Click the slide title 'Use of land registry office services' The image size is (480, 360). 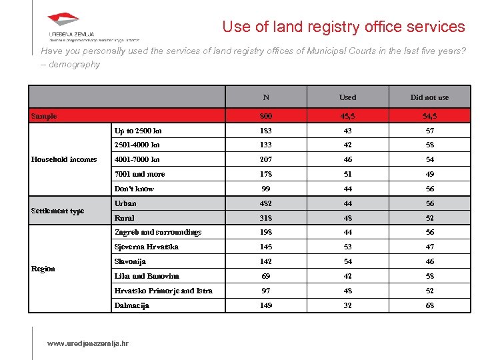tap(343, 27)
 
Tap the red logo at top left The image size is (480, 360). tap(64, 21)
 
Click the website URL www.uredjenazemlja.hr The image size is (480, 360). tap(87, 343)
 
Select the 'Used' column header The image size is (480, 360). tap(347, 97)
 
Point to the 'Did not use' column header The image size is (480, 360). tap(429, 97)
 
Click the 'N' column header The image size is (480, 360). tap(266, 97)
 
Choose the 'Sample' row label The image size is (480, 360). tap(44, 116)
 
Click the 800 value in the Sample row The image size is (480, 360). tap(266, 116)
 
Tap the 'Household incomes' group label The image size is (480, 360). tap(64, 159)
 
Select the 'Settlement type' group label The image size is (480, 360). tap(58, 211)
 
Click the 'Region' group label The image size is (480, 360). tap(43, 269)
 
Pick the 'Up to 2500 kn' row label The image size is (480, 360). tap(138, 131)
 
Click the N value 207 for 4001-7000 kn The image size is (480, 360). tap(266, 159)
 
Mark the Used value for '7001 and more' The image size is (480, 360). tap(347, 174)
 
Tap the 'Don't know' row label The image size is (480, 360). tap(134, 189)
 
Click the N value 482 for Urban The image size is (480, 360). tap(266, 203)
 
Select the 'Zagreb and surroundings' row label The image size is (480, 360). tap(158, 232)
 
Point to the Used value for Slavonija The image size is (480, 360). tap(347, 261)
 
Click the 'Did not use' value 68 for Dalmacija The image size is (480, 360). tap(429, 305)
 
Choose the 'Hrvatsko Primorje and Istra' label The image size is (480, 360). tap(163, 291)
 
